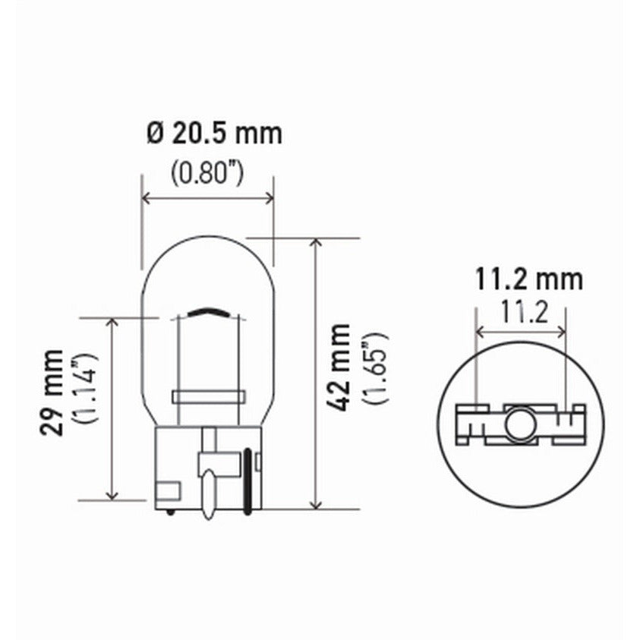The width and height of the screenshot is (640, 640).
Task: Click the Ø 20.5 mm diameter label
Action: point(213,134)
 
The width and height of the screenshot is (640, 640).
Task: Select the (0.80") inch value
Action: point(206,174)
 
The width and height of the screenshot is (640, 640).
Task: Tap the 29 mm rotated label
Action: point(53,393)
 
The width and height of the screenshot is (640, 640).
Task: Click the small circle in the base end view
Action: point(520,424)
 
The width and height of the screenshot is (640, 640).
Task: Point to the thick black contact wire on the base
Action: point(247,480)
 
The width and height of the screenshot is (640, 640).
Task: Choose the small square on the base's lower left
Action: point(167,490)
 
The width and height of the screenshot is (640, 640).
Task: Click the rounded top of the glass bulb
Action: point(207,238)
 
